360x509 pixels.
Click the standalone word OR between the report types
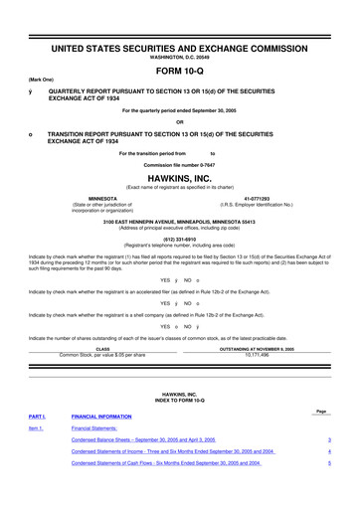pos(179,123)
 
